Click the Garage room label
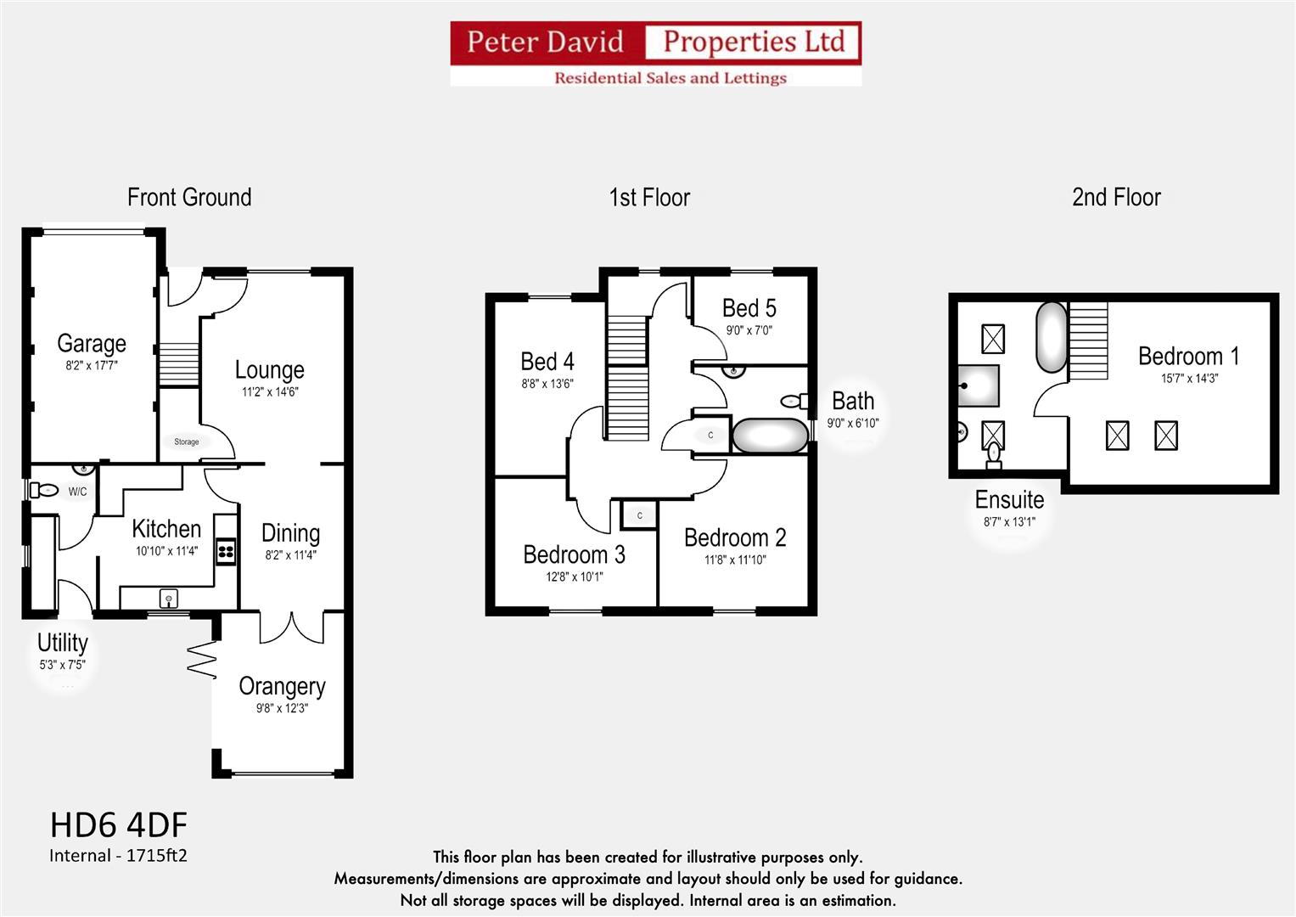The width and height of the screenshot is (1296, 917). tap(92, 343)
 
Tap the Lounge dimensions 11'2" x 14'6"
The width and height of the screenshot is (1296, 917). tap(270, 392)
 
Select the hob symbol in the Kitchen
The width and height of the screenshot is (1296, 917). tap(226, 553)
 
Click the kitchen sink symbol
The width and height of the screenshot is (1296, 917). tap(169, 599)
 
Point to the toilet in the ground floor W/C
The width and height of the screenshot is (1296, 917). tap(44, 490)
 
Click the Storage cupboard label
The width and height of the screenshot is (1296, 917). tap(187, 442)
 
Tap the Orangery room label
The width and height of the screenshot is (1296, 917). tap(282, 686)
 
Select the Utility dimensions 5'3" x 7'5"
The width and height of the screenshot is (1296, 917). tap(62, 665)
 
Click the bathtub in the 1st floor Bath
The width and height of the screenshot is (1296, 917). tap(770, 436)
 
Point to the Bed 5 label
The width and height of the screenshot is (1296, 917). tap(749, 307)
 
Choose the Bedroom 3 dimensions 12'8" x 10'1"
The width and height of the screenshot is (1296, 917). tap(574, 577)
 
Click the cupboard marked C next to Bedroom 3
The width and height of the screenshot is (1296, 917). tap(639, 515)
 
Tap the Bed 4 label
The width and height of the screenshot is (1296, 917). tap(547, 362)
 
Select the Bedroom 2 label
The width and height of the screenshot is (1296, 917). tap(735, 537)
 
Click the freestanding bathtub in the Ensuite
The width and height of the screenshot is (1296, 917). tap(1051, 337)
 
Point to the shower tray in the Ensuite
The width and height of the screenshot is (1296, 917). tap(979, 386)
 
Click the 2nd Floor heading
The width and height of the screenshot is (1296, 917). tap(1116, 197)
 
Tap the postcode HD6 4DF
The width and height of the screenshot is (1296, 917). tap(119, 824)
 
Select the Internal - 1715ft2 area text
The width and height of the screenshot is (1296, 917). tap(118, 855)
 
